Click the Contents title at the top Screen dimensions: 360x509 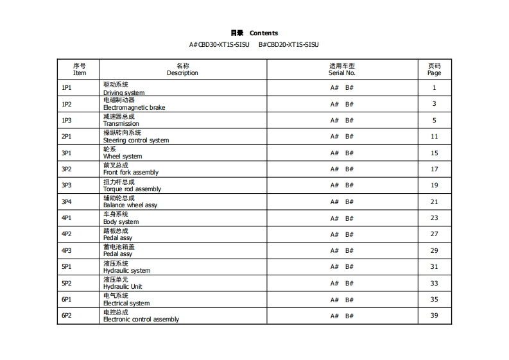(254, 33)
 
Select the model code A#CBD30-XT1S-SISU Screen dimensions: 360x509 (219, 45)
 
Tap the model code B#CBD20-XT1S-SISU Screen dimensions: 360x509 (288, 45)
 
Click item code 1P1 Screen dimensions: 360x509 (67, 88)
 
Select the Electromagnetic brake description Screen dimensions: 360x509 (134, 108)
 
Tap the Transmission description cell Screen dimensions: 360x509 (121, 124)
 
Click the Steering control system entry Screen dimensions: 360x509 (136, 141)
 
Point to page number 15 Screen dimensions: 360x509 (435, 153)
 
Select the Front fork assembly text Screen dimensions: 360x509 (131, 173)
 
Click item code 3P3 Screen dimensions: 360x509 (67, 185)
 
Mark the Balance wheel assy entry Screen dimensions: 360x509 (130, 205)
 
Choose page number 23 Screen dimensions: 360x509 (435, 218)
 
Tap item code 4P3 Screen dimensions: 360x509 (67, 250)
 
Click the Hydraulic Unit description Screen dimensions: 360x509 (123, 287)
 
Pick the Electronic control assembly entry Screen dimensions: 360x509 (141, 320)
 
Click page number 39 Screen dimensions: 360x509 (435, 316)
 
